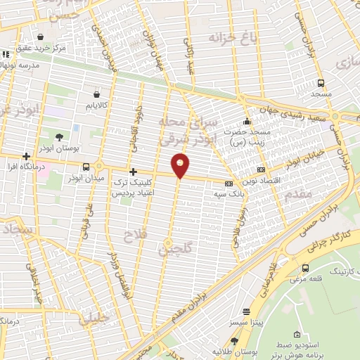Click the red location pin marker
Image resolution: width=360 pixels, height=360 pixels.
click(181, 165)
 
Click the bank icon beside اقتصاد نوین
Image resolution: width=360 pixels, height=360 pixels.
click(261, 169)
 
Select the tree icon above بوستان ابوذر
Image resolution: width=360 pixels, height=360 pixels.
click(58, 136)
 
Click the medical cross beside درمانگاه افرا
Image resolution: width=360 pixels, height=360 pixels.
click(26, 157)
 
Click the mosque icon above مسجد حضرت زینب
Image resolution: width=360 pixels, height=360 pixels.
click(246, 120)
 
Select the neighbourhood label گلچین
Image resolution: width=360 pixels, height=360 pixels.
click(169, 247)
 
